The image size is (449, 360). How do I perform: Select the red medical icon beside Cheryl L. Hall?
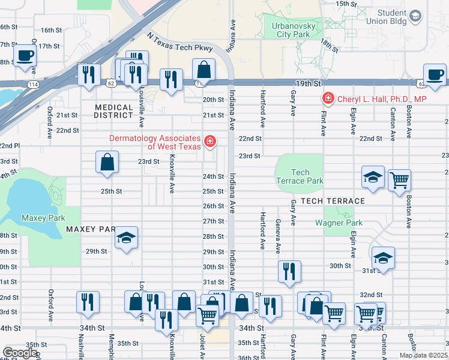coord(328,98)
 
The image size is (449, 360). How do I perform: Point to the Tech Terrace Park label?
coord(299,176)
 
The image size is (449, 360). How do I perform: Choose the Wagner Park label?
coord(339,223)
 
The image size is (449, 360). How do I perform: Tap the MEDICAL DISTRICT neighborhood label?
coord(113,110)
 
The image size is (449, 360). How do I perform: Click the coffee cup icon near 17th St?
coord(25,56)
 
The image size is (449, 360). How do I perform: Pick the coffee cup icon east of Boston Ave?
coord(435,74)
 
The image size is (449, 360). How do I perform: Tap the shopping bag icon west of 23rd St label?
coord(107,161)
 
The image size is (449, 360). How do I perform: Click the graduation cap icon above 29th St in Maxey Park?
coord(126,238)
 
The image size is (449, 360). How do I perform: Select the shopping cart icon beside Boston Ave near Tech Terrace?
coord(399,179)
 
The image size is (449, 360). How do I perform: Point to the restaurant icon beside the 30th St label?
coord(289,271)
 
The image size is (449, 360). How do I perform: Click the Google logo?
coord(19,353)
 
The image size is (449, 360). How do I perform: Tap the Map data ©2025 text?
coord(424,355)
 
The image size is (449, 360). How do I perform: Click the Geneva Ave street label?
coord(278,237)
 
